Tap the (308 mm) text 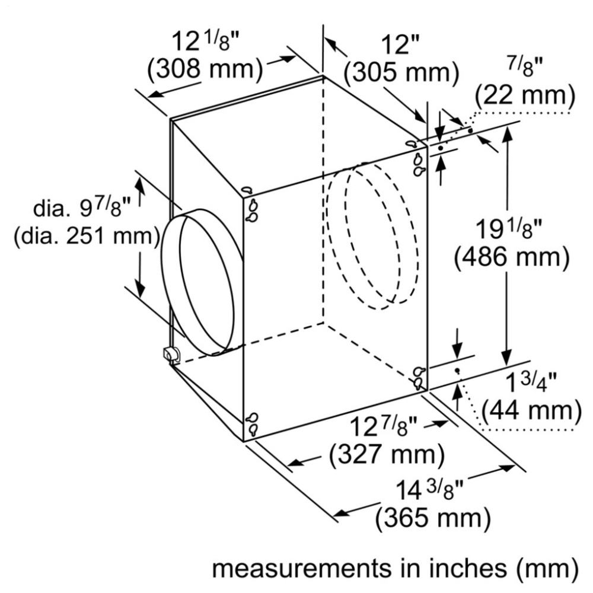point(205,69)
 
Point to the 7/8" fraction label point(525,67)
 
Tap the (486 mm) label point(512,258)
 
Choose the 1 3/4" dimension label point(531,382)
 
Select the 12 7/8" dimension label point(383,426)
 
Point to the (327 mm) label point(387,455)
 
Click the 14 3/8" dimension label point(429,490)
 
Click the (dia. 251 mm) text point(86,237)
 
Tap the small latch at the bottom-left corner point(171,354)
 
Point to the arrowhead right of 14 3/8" point(509,468)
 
